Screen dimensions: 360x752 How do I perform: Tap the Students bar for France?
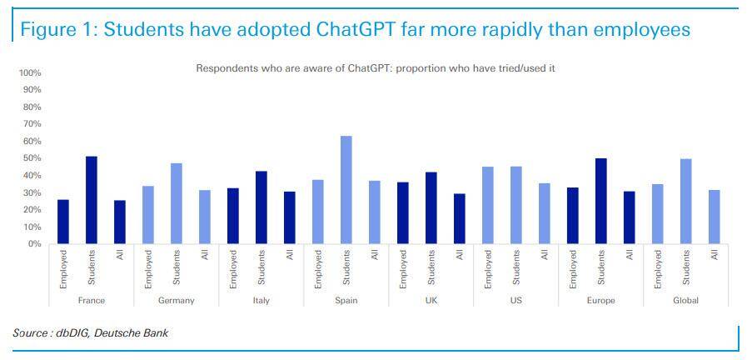[92, 200]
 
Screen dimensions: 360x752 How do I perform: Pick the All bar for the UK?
[460, 219]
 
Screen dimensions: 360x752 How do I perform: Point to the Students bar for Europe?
[601, 201]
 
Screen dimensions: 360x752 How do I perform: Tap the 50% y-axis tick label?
[31, 158]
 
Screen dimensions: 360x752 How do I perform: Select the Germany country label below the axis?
[176, 300]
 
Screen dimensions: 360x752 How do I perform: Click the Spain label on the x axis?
[346, 300]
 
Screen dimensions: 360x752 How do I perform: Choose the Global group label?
[686, 300]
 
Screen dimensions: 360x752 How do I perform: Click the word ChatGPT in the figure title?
[358, 30]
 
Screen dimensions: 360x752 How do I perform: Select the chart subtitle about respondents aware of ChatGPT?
[375, 68]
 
